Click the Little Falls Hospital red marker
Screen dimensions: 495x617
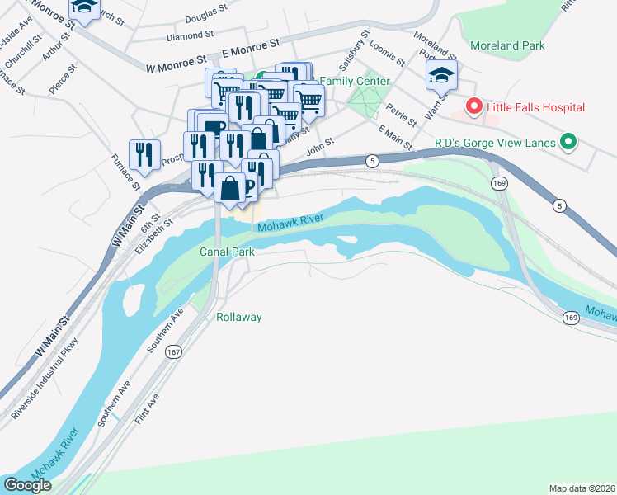[x=473, y=107]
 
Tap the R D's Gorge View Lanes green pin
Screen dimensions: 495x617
[x=568, y=143]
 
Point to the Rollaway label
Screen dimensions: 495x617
[x=238, y=317]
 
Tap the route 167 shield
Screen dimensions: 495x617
[x=172, y=351]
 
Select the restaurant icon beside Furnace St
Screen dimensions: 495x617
[x=144, y=154]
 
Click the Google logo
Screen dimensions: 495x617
[x=27, y=484]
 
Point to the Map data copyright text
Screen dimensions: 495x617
[x=582, y=488]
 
